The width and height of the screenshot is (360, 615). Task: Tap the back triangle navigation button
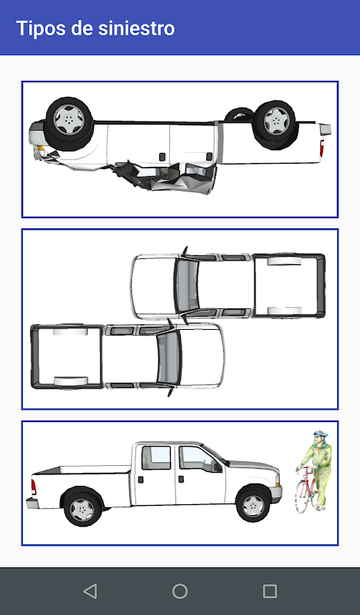coord(90,590)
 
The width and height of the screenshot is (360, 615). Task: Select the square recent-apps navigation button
coord(270,590)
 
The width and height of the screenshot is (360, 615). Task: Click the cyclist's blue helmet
coord(320,434)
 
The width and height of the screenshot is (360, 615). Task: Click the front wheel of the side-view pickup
coord(253,505)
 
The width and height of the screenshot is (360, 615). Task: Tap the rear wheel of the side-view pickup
coord(82,509)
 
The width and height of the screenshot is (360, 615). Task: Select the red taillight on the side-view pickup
coord(34,487)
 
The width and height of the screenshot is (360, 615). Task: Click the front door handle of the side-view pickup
coord(181,479)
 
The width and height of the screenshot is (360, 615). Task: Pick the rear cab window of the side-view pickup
coord(156,457)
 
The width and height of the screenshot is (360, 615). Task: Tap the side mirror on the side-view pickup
coord(217,467)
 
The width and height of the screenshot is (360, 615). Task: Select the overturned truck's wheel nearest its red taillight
coord(275,124)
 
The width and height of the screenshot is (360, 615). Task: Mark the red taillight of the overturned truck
coord(322,148)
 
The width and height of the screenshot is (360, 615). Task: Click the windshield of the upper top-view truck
coord(186,285)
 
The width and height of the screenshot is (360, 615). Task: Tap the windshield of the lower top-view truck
coord(168,357)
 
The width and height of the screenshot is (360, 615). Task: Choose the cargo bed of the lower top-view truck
coord(68,356)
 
